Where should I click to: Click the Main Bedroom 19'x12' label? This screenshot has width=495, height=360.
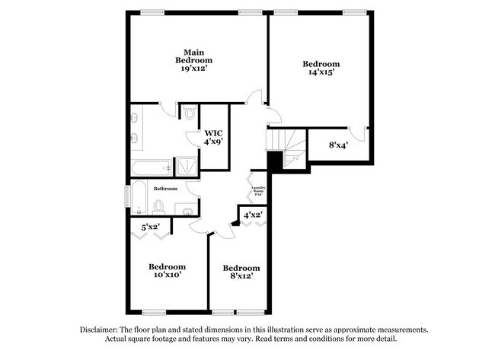pyautogui.click(x=193, y=60)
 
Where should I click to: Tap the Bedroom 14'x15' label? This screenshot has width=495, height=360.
pyautogui.click(x=321, y=68)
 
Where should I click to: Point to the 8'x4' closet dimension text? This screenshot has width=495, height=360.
pyautogui.click(x=339, y=144)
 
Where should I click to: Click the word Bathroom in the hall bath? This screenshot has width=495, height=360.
pyautogui.click(x=165, y=188)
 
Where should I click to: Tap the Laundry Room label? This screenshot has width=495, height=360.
pyautogui.click(x=257, y=190)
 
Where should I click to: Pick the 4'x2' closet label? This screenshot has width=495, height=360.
pyautogui.click(x=252, y=215)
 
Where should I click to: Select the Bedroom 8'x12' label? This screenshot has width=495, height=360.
pyautogui.click(x=241, y=272)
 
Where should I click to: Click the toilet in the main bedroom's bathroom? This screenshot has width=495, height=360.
pyautogui.click(x=189, y=114)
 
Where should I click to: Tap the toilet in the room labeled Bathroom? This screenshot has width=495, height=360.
pyautogui.click(x=159, y=205)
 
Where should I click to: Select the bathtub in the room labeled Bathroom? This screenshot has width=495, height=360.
pyautogui.click(x=137, y=197)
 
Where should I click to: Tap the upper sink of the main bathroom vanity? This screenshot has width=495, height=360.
pyautogui.click(x=134, y=117)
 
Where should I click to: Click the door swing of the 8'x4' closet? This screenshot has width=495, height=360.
pyautogui.click(x=363, y=136)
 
